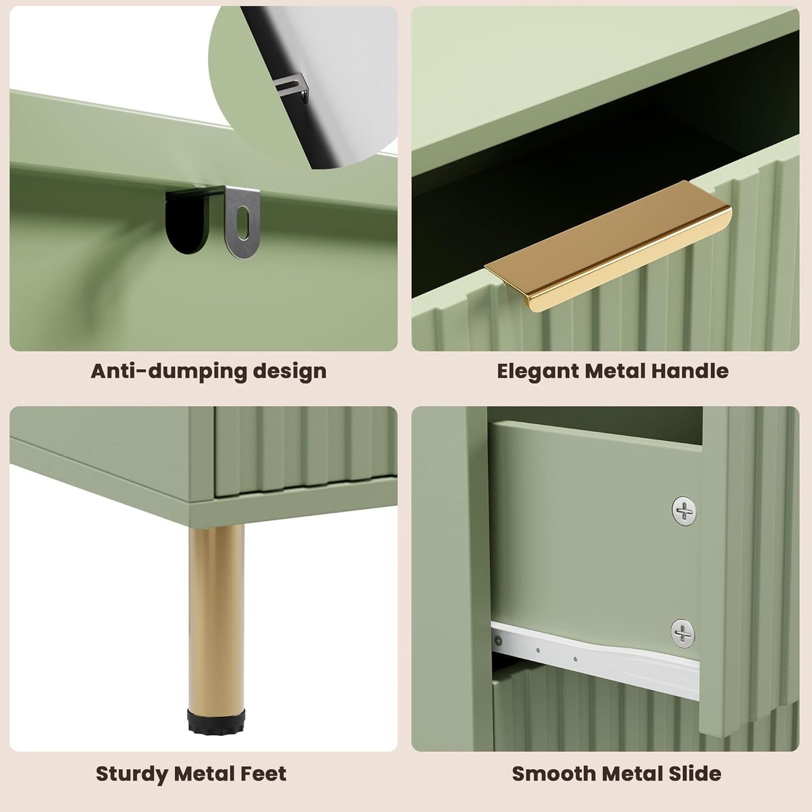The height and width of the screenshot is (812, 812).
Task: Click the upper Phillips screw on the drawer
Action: (x=684, y=511)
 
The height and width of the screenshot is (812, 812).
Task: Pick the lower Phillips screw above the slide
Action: (x=683, y=633)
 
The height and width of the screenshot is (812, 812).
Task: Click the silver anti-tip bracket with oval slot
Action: (x=243, y=219)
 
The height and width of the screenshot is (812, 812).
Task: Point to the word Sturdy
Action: (x=132, y=774)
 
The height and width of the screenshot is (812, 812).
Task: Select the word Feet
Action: (x=263, y=774)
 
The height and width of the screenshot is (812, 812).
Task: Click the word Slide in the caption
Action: (x=695, y=774)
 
